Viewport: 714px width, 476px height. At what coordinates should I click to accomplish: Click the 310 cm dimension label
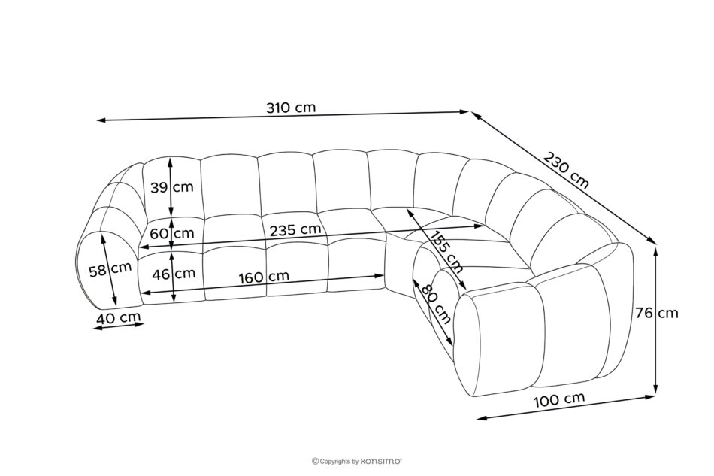(x=291, y=108)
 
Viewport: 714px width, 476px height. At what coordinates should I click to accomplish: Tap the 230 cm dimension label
(x=566, y=170)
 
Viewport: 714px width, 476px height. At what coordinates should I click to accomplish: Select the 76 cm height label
(x=657, y=313)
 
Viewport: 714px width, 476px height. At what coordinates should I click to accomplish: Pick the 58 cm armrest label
(x=110, y=270)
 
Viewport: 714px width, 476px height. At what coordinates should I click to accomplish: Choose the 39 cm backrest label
(x=172, y=186)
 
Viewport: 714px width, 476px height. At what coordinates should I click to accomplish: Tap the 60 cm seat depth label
(x=172, y=233)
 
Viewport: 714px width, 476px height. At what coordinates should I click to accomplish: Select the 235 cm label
(x=295, y=229)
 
